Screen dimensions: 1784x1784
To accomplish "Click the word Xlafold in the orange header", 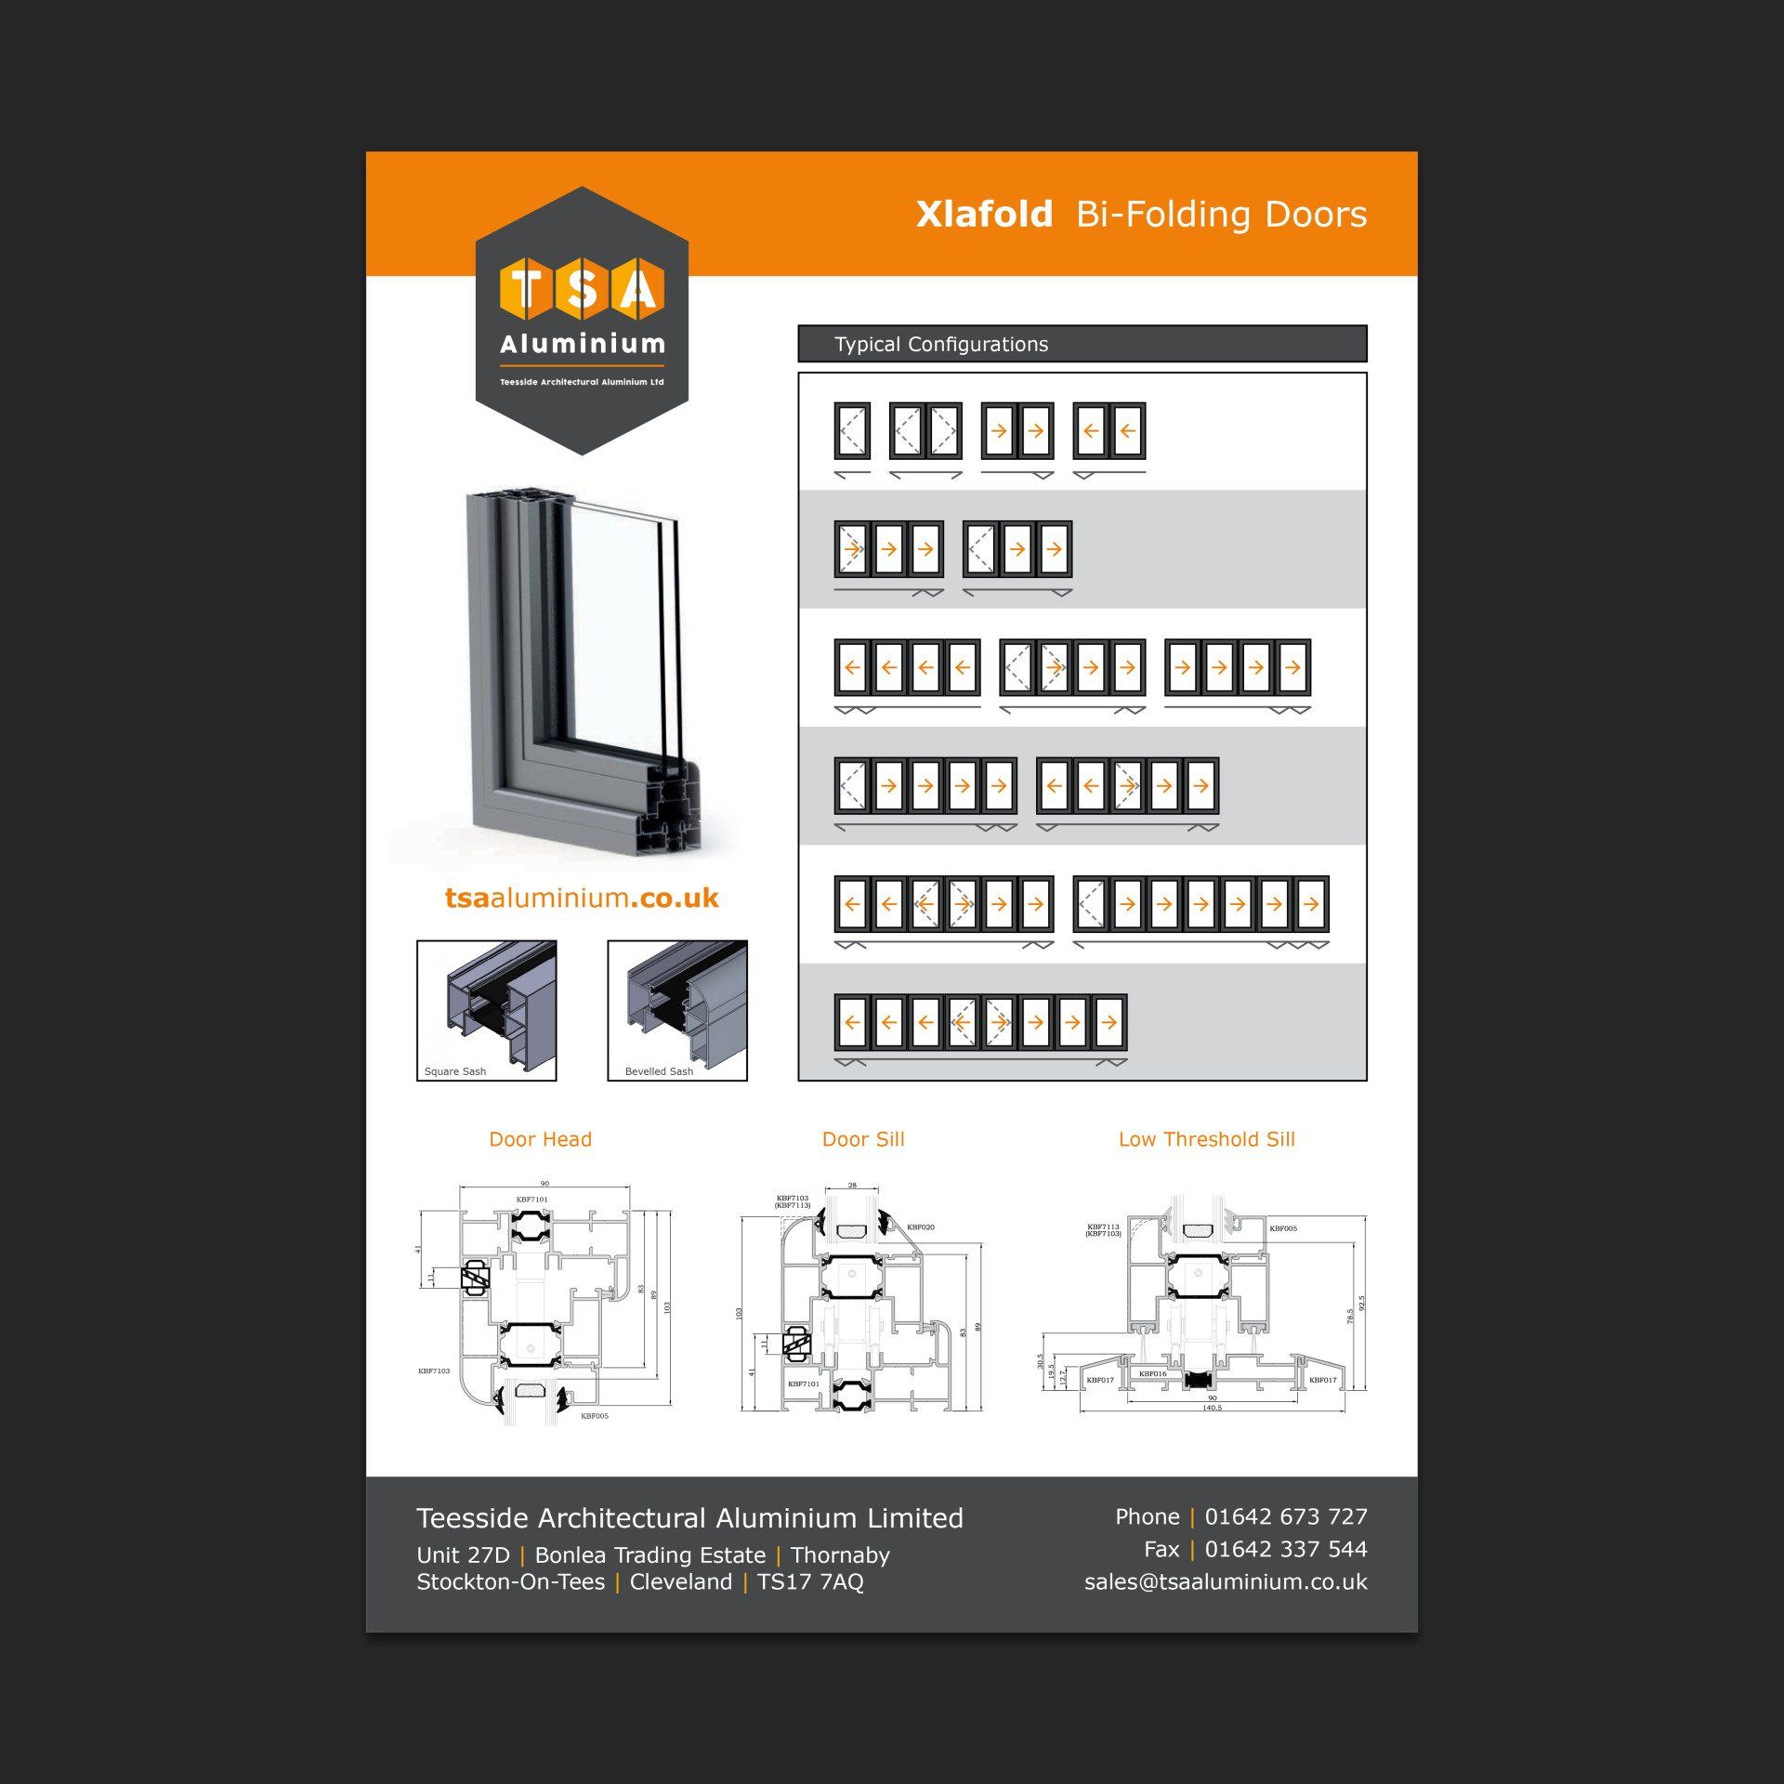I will pyautogui.click(x=984, y=215).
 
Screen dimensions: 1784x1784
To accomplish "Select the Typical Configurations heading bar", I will pyautogui.click(x=1082, y=344).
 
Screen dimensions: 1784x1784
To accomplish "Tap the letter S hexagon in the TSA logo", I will pyautogui.click(x=582, y=289).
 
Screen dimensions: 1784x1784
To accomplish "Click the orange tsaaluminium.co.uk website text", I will pyautogui.click(x=582, y=898).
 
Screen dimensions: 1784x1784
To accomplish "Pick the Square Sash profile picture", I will pyautogui.click(x=486, y=1009).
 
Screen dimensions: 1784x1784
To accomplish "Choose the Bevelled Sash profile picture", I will pyautogui.click(x=676, y=1009).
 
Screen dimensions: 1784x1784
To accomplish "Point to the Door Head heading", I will pyautogui.click(x=540, y=1139).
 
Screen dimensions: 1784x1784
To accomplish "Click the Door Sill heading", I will pyautogui.click(x=863, y=1139).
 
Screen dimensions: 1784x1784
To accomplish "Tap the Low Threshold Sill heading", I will pyautogui.click(x=1206, y=1139).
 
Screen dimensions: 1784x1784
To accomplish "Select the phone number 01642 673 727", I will pyautogui.click(x=1286, y=1516).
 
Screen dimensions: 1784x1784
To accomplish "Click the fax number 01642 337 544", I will pyautogui.click(x=1286, y=1549).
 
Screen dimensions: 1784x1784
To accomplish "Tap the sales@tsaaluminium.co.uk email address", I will pyautogui.click(x=1226, y=1581).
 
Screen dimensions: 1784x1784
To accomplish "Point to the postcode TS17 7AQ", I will pyautogui.click(x=810, y=1581).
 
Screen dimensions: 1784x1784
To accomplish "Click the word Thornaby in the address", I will pyautogui.click(x=840, y=1554).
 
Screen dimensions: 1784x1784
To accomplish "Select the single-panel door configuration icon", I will pyautogui.click(x=852, y=431).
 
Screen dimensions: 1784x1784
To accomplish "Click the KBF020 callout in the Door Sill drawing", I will pyautogui.click(x=920, y=1227).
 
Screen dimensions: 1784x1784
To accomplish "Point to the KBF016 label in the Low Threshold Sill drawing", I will pyautogui.click(x=1152, y=1373).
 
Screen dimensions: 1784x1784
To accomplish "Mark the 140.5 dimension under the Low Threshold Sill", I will pyautogui.click(x=1212, y=1408).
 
